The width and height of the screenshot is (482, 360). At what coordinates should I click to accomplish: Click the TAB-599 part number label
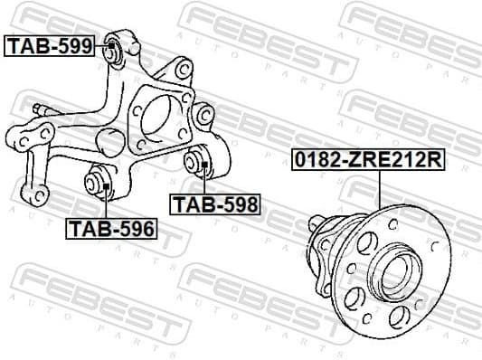[51, 45]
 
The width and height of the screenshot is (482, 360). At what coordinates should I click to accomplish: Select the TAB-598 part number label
[216, 204]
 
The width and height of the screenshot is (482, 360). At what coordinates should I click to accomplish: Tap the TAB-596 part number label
[110, 228]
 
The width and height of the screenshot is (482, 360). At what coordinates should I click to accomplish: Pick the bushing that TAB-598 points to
[200, 166]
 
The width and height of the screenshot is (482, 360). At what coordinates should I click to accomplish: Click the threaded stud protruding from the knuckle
[40, 111]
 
